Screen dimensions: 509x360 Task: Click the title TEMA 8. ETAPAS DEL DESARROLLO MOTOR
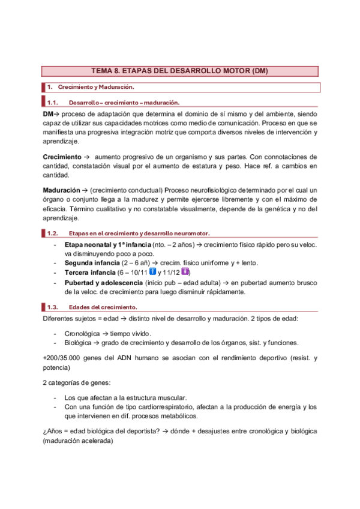pyautogui.click(x=179, y=71)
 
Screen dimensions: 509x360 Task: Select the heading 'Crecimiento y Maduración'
pyautogui.click(x=91, y=88)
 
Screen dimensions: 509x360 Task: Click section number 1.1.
pyautogui.click(x=52, y=102)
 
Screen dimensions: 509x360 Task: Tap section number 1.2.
pyautogui.click(x=52, y=233)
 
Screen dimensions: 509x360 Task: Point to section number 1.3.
pyautogui.click(x=52, y=307)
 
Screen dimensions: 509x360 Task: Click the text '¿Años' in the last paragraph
pyautogui.click(x=53, y=432)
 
